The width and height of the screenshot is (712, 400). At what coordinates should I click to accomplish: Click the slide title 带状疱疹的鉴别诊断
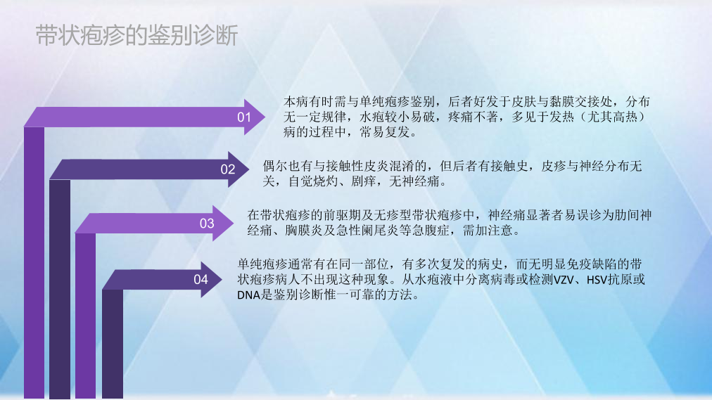coord(136,35)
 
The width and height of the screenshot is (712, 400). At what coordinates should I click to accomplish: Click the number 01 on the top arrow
coord(244,117)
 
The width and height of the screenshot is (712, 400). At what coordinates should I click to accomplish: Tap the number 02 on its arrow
coord(228,169)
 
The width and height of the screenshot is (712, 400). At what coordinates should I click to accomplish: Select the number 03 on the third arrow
coord(207,223)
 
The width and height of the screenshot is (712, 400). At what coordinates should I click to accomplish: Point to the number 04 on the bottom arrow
coord(201,279)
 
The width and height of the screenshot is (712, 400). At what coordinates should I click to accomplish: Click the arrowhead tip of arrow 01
coord(265,117)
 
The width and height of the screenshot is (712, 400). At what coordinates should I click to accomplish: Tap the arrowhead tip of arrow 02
coord(249,169)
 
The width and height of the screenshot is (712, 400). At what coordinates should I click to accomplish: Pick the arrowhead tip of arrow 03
coord(234,223)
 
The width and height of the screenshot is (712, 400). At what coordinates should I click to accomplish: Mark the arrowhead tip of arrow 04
coord(222,279)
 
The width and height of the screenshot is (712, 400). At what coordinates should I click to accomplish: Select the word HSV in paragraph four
coord(597,280)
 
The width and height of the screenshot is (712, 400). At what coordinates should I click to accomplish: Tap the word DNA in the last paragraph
coord(248,295)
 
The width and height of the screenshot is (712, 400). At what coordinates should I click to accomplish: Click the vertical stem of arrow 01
coord(34,263)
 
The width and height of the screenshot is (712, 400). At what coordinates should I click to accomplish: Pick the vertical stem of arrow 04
coord(113,344)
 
